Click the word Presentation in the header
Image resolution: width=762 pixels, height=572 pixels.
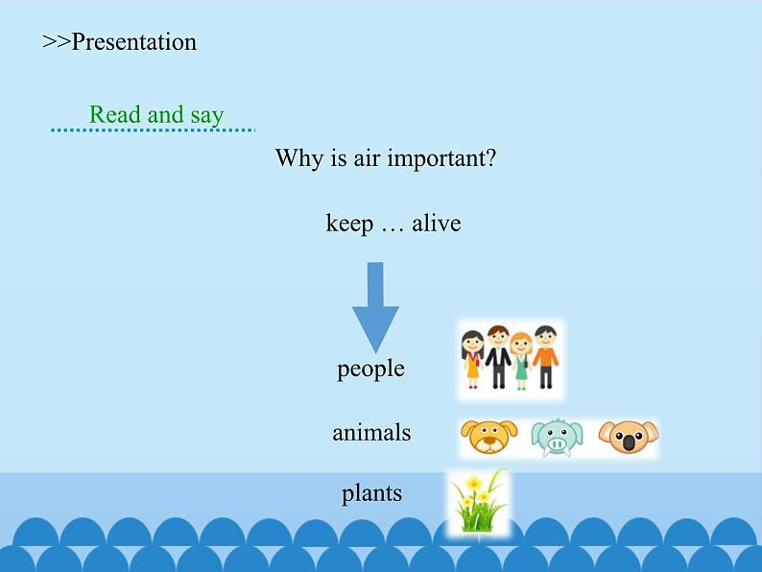133,42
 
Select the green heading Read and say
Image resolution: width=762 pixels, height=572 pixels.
156,116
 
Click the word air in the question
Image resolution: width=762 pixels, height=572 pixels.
367,158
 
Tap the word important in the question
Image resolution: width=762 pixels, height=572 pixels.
441,159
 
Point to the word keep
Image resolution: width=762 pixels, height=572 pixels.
349,224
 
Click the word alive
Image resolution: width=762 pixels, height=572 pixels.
437,223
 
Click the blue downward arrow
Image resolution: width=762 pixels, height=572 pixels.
375,307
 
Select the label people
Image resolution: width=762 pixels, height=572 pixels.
370,369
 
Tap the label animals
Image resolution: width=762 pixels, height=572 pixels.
371,433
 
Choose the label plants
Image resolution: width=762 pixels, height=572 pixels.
371,493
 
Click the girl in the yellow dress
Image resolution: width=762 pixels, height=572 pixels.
472,359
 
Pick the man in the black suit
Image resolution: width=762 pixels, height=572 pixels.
498,357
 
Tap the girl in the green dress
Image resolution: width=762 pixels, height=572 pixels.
521,361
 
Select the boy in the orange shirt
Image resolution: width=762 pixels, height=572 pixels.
545,357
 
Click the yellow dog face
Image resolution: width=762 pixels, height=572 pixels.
488,436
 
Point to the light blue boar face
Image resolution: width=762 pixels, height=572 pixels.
557,438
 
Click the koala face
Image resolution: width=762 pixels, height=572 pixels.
629,437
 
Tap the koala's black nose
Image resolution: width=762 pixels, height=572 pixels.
629,442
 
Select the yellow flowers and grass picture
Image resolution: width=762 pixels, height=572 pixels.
479,503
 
